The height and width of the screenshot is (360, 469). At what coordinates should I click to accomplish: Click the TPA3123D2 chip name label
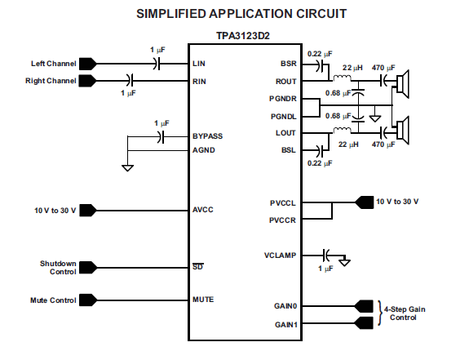tap(243, 36)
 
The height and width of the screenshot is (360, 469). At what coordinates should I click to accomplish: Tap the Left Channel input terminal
tap(87, 64)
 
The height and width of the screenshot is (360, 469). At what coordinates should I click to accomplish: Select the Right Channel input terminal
tap(87, 81)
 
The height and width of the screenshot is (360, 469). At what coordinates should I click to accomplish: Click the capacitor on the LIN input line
tap(157, 64)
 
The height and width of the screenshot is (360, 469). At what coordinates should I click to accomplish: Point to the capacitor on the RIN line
tap(130, 80)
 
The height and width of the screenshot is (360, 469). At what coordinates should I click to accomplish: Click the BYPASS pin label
tap(207, 136)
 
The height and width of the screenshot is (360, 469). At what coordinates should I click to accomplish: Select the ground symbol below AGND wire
tap(128, 168)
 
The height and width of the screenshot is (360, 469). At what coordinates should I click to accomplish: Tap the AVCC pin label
tap(203, 210)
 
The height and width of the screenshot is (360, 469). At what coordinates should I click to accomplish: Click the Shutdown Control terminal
tap(88, 268)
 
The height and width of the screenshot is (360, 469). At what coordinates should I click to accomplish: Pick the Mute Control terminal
tap(88, 300)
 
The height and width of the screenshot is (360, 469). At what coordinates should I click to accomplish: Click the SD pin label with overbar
tap(197, 266)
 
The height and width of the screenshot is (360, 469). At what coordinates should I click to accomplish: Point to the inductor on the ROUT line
tap(343, 78)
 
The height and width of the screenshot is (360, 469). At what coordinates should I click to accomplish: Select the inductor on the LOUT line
tap(343, 130)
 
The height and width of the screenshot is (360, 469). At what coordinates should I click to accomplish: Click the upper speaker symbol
tap(403, 84)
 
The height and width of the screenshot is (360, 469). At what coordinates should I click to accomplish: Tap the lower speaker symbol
tap(403, 131)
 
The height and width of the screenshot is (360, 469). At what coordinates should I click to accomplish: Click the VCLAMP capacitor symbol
tap(326, 256)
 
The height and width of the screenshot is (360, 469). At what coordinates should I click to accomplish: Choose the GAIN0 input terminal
tap(364, 306)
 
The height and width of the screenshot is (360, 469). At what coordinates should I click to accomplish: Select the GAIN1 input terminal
tap(364, 323)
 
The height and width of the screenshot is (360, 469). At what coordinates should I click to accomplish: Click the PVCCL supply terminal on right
tap(365, 202)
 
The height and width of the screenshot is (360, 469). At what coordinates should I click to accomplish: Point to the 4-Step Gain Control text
tap(405, 313)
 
